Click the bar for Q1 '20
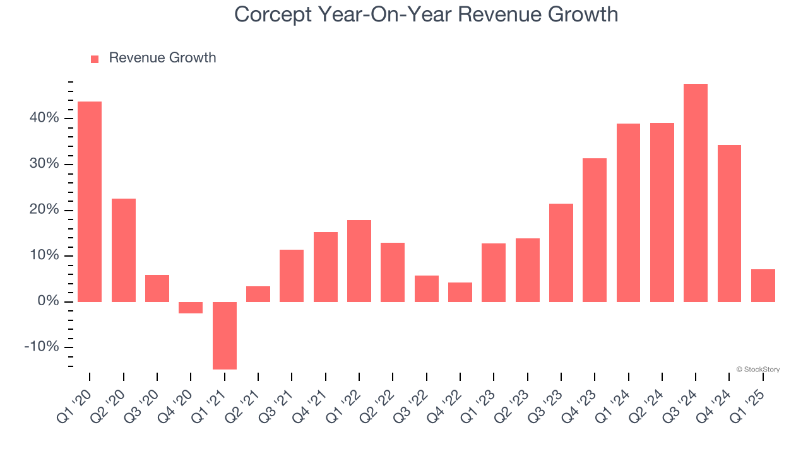tap(90, 202)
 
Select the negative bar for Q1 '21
tap(225, 335)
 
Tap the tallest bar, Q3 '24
tap(696, 193)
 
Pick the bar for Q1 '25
tap(763, 286)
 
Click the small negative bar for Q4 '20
tap(191, 308)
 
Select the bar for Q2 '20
tap(124, 250)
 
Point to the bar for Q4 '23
tap(595, 230)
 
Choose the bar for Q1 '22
tap(359, 261)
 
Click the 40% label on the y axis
tap(42, 119)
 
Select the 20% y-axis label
tap(42, 210)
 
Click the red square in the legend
tap(95, 59)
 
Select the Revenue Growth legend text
tap(162, 58)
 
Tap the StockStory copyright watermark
tap(757, 370)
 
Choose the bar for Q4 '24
tap(729, 224)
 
